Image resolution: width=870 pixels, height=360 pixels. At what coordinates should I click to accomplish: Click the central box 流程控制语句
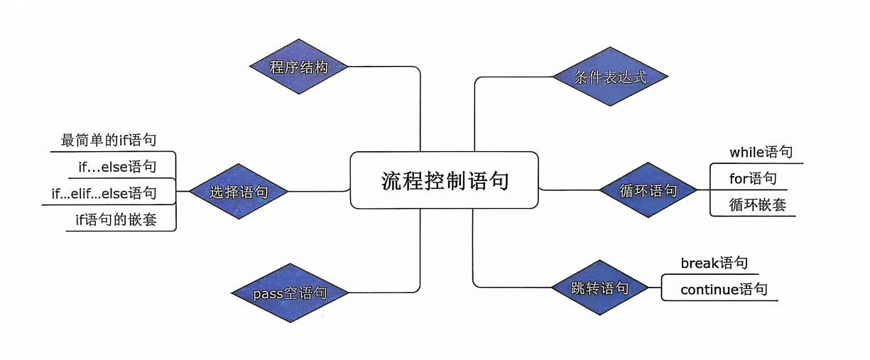click(445, 180)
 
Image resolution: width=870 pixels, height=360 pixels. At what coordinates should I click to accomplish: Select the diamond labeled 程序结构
click(299, 67)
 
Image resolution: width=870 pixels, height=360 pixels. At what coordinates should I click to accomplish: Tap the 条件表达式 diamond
click(610, 77)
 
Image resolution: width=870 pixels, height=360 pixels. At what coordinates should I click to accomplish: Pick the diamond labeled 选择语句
click(239, 192)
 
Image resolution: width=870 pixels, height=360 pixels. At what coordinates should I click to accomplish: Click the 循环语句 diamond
click(648, 190)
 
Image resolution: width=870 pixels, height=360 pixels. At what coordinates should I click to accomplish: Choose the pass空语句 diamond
click(290, 293)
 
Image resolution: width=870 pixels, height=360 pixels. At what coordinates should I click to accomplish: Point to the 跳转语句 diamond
click(600, 288)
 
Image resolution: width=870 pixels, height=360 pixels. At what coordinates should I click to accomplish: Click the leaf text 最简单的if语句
click(108, 141)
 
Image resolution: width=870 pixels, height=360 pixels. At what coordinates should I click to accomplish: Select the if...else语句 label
click(117, 167)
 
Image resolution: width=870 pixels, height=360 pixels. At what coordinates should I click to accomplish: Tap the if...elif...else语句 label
click(104, 193)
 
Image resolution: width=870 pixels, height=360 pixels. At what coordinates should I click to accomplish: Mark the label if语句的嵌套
click(116, 220)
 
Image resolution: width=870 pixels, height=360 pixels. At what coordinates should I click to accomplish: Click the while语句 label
click(761, 152)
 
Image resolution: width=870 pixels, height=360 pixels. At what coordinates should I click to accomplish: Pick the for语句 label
click(753, 178)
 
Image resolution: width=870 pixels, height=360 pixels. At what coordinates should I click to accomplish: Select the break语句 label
click(714, 263)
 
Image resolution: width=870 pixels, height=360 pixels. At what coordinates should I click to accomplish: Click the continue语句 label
click(724, 290)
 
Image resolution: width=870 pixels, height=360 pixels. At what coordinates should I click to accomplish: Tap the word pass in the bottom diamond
click(268, 293)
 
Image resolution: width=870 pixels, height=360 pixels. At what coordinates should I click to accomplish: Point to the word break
click(700, 263)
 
